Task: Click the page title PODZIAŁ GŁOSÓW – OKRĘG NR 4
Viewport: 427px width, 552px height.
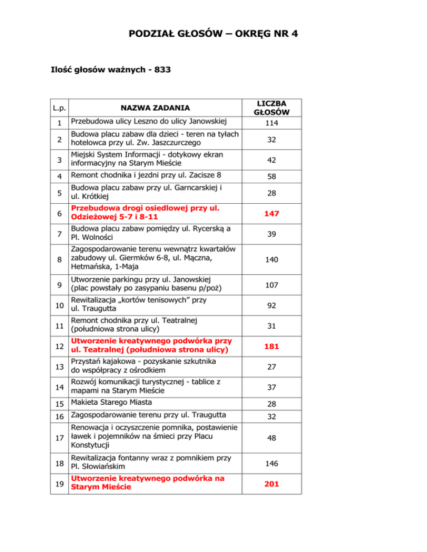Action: pyautogui.click(x=213, y=34)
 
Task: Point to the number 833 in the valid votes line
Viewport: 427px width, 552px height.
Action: pyautogui.click(x=162, y=70)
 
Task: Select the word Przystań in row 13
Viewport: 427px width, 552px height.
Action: pyautogui.click(x=83, y=360)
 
